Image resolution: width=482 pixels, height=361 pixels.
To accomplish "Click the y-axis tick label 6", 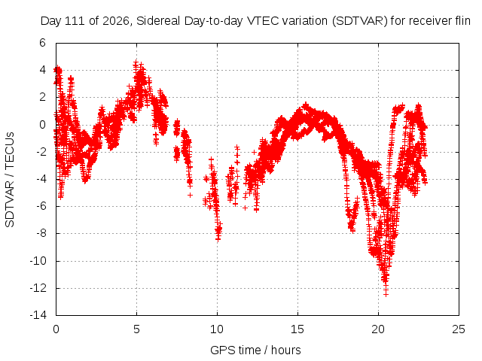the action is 42,43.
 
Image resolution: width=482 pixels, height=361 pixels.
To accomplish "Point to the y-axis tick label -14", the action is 38,315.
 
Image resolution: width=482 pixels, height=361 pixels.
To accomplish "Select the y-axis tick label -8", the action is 40,233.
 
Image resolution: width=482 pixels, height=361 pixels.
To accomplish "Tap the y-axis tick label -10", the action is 38,261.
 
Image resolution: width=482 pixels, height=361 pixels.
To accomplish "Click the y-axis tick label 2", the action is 42,97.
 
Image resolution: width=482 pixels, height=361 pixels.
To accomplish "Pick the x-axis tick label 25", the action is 459,329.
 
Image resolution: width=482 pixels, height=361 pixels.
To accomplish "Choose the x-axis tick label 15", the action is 297,329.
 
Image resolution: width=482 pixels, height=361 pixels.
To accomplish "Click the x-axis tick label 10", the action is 217,329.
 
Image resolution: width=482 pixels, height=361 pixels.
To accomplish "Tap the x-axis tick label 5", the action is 136,329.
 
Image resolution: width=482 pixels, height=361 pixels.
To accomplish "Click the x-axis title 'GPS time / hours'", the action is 255,350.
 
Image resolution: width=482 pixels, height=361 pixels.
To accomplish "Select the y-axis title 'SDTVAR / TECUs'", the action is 10,180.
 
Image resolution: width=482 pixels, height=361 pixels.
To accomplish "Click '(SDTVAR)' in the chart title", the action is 360,21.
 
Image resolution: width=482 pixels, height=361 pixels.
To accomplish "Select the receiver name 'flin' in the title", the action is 462,21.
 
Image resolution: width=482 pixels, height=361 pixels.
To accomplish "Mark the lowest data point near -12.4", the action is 386,294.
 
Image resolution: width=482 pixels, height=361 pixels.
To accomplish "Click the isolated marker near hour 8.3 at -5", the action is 191,195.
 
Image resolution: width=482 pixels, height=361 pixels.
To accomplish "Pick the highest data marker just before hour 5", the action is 136,62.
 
